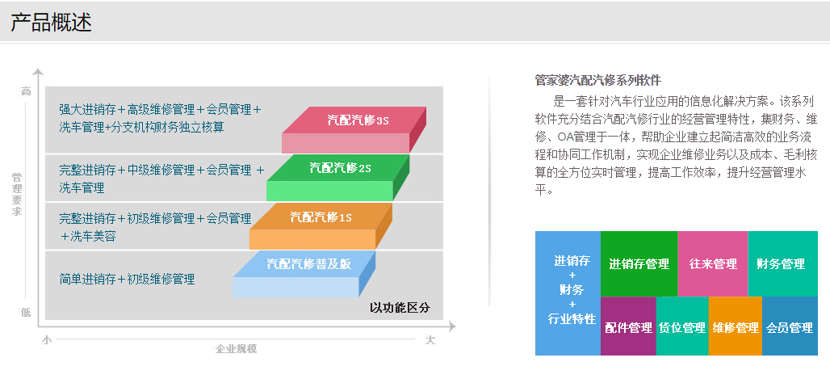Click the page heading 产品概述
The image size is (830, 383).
click(52, 23)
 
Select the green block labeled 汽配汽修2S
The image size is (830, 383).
click(337, 178)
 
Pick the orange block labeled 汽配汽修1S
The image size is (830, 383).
click(321, 226)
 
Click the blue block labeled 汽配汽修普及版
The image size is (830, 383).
click(304, 274)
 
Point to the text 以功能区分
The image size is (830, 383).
click(400, 307)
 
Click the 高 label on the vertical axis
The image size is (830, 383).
click(26, 91)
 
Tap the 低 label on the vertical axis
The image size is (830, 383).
click(26, 313)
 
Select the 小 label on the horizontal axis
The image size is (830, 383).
click(47, 340)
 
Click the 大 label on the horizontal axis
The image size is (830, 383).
click(430, 340)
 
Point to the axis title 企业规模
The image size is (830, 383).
click(236, 348)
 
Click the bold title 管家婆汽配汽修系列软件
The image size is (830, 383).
click(598, 81)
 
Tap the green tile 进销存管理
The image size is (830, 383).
click(639, 263)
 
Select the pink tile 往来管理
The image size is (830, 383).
click(712, 263)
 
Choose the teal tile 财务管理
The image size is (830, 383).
click(783, 263)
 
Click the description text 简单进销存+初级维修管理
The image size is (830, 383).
click(127, 279)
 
